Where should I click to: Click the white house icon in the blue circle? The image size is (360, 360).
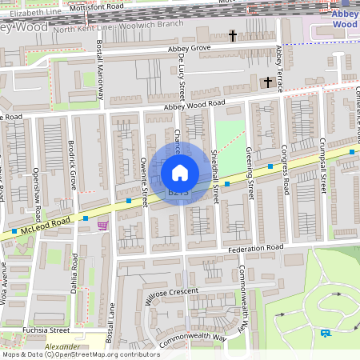(x=180, y=172)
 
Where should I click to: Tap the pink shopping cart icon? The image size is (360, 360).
(x=102, y=226)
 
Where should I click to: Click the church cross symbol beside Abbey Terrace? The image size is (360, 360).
(x=268, y=82)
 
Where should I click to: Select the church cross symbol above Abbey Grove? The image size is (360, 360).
(x=234, y=36)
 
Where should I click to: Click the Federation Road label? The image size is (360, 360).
(x=255, y=249)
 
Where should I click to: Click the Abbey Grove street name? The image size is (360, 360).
(x=189, y=49)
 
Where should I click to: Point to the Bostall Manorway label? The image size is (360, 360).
(x=100, y=70)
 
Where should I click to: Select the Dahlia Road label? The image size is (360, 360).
(x=74, y=272)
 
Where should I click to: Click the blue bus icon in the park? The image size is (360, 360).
(x=326, y=333)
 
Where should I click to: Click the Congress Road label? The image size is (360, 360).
(x=284, y=171)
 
